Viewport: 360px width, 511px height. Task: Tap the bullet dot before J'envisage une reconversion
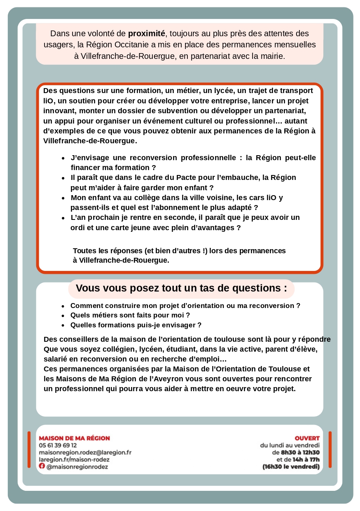pos(63,158)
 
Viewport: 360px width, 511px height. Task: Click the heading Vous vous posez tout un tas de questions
pos(181,288)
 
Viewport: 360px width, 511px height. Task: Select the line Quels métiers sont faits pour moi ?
pos(130,315)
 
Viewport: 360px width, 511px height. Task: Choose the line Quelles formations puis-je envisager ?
pos(136,325)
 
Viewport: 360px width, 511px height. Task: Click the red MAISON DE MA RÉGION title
pos(75,438)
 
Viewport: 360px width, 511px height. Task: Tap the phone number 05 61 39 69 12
pos(58,445)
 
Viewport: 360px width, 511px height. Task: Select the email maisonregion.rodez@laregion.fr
pos(85,452)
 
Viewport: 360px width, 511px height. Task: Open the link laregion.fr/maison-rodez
pos(74,460)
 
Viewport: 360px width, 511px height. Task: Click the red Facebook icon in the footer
pos(42,466)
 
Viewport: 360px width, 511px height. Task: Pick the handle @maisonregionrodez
pos(77,467)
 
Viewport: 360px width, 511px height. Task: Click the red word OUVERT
pos(307,438)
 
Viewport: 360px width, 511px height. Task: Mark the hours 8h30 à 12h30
pos(300,453)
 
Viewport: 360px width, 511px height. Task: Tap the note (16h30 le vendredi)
pos(291,467)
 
